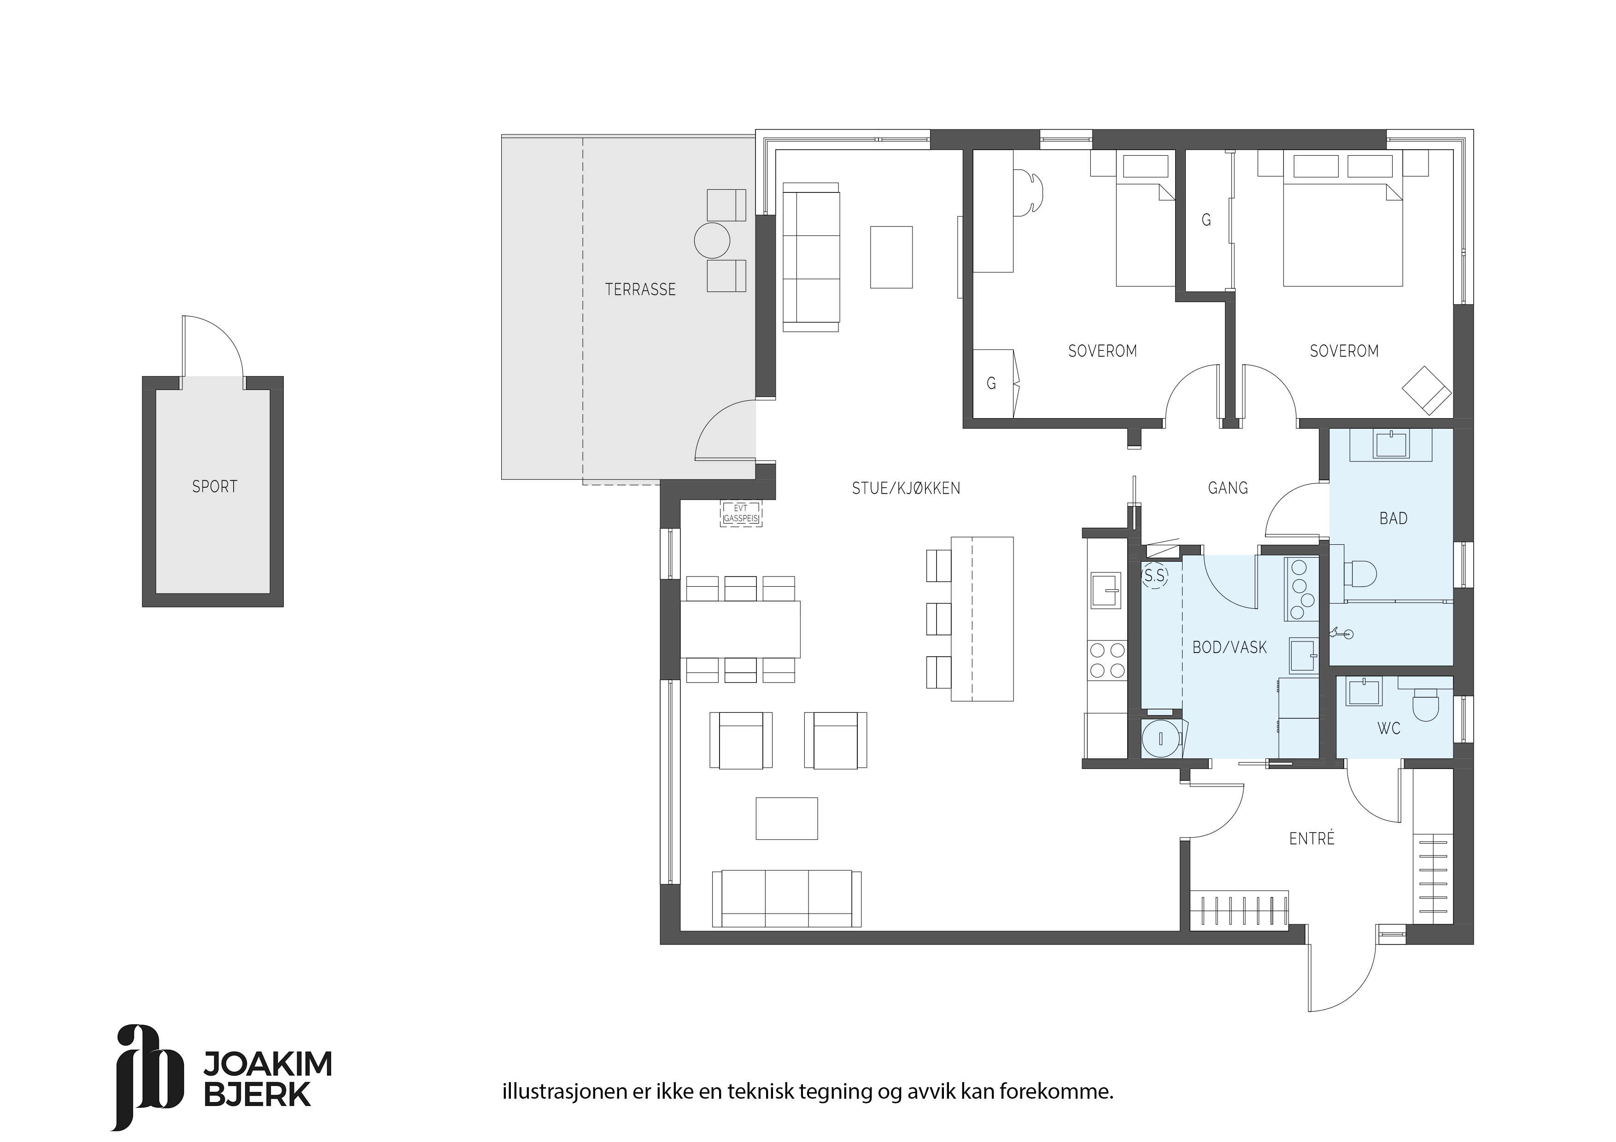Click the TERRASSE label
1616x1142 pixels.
click(640, 289)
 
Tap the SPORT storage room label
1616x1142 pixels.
click(215, 486)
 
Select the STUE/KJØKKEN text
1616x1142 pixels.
click(906, 488)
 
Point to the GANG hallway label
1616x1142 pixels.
click(1228, 488)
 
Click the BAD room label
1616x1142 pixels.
click(1394, 519)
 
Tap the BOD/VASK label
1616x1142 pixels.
click(1230, 647)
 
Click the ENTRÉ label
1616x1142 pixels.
click(1312, 838)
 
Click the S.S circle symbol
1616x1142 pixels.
click(1155, 576)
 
